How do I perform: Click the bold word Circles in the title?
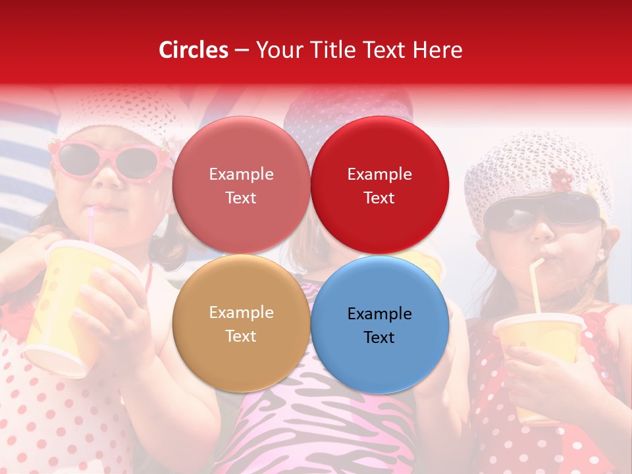[x=194, y=50]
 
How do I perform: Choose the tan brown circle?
[x=241, y=359]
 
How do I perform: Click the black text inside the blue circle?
[x=379, y=325]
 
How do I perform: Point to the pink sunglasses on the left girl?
[x=105, y=160]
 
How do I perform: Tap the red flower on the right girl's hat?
[x=562, y=180]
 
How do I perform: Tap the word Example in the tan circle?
[x=241, y=312]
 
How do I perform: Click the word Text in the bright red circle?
[x=379, y=197]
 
